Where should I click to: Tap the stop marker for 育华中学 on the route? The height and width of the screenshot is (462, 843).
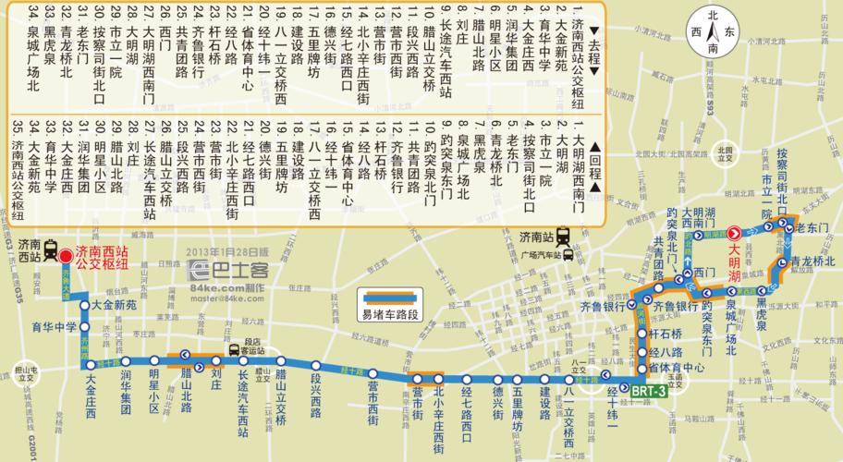click(84, 326)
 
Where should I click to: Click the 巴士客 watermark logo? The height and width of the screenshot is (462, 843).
click(226, 270)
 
